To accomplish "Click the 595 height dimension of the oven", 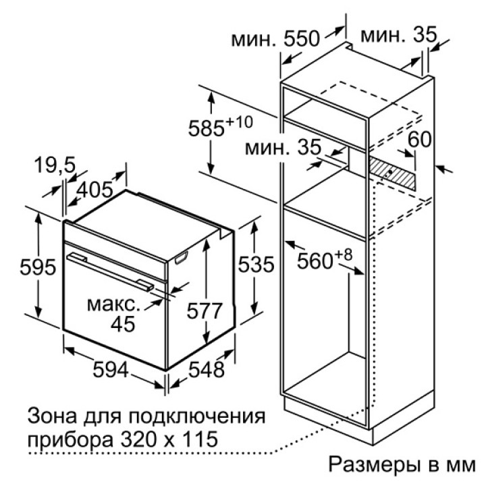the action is point(38,267).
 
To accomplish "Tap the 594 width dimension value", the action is point(111,369).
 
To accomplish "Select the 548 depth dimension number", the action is point(207,369).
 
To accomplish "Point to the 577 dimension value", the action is point(205,310).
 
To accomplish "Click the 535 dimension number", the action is point(256,265).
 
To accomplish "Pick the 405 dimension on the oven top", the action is point(94,190).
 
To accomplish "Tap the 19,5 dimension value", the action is point(55,165).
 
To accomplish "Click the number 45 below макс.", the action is point(123,324).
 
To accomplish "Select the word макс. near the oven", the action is point(113,305).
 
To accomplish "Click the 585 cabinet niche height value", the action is point(206,128).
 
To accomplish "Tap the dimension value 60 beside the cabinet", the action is point(419,140).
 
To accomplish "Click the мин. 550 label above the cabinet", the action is point(275,38).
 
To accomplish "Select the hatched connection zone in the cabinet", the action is point(391,173).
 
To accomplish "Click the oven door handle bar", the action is point(110,271).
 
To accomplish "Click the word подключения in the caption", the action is point(197,417).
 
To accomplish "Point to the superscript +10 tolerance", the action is point(239,122).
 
